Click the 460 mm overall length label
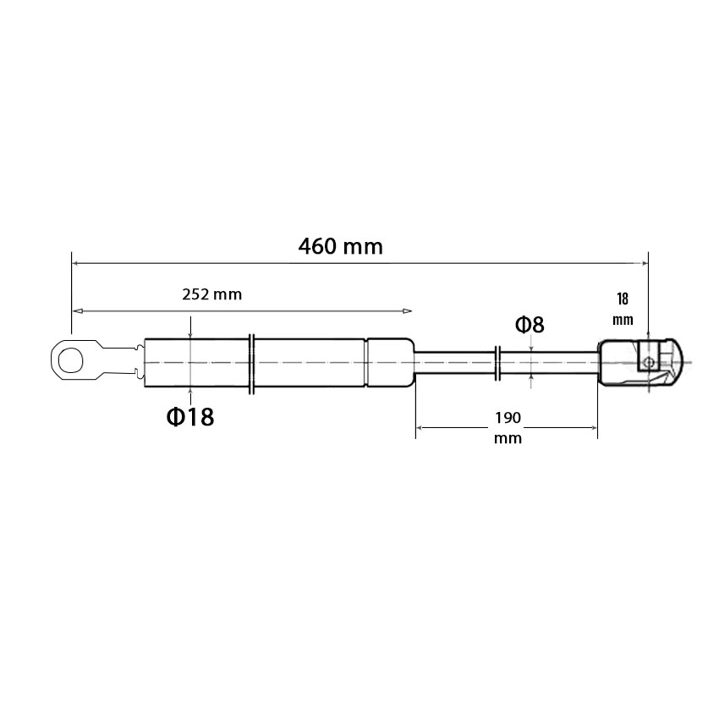pyautogui.click(x=340, y=246)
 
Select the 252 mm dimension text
pyautogui.click(x=211, y=294)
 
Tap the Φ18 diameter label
pyautogui.click(x=190, y=417)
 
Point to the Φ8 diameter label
pyautogui.click(x=530, y=325)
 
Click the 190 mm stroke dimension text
pyautogui.click(x=508, y=428)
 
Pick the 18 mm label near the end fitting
pyautogui.click(x=623, y=309)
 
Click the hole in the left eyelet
pyautogui.click(x=70, y=359)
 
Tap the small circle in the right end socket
pyautogui.click(x=649, y=362)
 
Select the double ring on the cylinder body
pyautogui.click(x=251, y=364)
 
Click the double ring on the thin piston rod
pyautogui.click(x=498, y=363)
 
